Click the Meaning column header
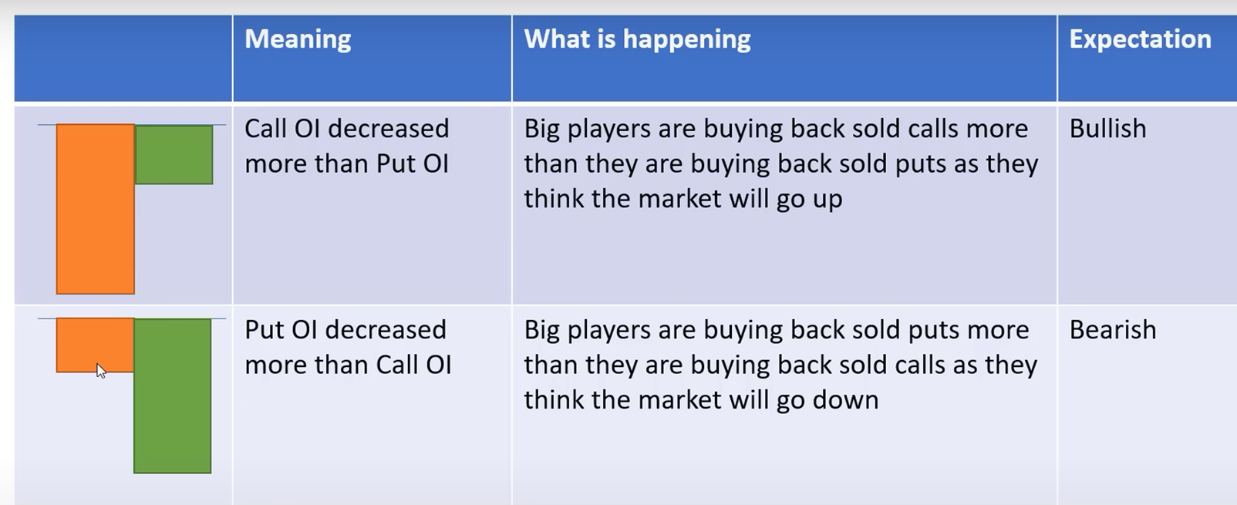(x=298, y=39)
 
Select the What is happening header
(x=637, y=39)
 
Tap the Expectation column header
(x=1141, y=39)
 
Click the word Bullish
(x=1107, y=129)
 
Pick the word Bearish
(x=1113, y=330)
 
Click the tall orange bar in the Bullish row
(x=95, y=209)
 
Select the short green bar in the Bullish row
(x=174, y=154)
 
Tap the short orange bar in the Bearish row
(x=95, y=345)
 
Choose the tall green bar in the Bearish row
(x=172, y=396)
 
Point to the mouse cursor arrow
(x=100, y=370)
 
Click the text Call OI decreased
(x=347, y=129)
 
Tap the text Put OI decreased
(x=345, y=330)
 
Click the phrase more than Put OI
(x=347, y=164)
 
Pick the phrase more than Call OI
(x=348, y=365)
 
